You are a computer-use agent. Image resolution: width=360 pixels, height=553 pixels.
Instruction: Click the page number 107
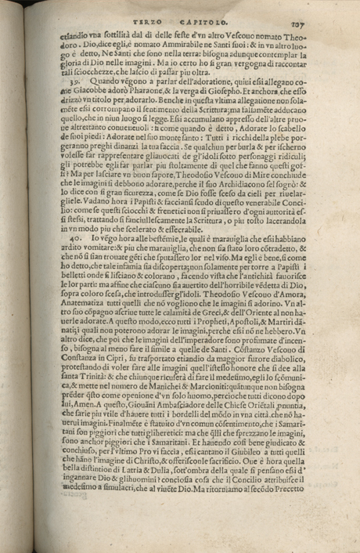[x=328, y=23]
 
